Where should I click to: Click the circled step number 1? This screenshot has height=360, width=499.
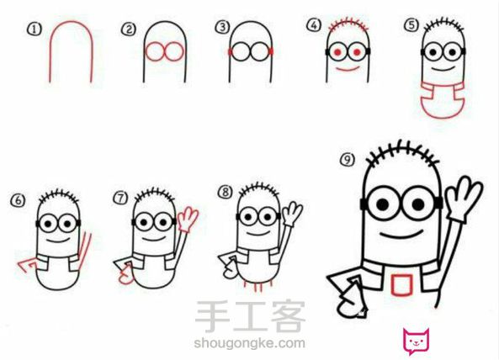tap(35, 29)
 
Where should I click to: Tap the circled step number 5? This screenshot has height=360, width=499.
tap(411, 24)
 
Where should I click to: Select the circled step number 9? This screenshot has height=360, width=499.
tap(348, 159)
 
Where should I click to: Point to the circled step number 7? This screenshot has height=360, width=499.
tap(120, 199)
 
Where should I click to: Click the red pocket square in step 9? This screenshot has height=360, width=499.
tap(401, 285)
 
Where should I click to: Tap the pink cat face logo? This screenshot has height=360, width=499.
tap(417, 341)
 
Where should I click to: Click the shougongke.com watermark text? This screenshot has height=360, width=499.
tap(249, 343)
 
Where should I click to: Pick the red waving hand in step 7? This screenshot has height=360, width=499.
tap(188, 219)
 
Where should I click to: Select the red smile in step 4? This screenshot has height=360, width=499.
tap(348, 69)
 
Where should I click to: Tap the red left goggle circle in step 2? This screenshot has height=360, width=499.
tap(155, 51)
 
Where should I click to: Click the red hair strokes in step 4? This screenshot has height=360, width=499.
tap(348, 25)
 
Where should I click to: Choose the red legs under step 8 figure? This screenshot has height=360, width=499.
tap(257, 286)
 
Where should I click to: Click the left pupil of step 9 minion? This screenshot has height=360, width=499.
tap(383, 204)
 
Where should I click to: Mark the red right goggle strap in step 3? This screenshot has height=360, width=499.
tap(271, 51)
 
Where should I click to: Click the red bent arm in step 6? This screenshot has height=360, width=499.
tap(28, 266)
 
